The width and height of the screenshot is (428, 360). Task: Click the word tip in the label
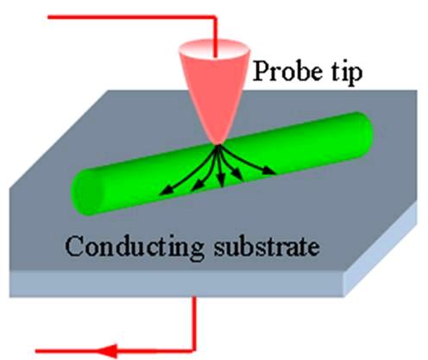[x=346, y=73]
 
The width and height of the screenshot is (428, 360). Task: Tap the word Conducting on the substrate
[x=135, y=247]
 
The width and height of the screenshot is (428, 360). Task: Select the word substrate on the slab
[x=267, y=247]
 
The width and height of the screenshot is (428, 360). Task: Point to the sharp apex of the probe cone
[x=217, y=144]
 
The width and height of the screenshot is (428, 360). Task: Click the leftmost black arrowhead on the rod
[x=166, y=191]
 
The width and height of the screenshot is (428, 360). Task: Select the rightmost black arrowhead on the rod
[x=270, y=171]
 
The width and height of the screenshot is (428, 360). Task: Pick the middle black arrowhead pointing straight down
[x=221, y=182]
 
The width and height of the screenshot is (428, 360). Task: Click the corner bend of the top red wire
[x=215, y=17]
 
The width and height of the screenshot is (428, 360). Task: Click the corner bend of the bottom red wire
[x=194, y=351]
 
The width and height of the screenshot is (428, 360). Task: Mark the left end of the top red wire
[x=49, y=17]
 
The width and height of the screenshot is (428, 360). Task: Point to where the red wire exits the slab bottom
[x=194, y=297]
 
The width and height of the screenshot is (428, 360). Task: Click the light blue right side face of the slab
[x=381, y=249]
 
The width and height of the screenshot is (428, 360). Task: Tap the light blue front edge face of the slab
[x=177, y=283]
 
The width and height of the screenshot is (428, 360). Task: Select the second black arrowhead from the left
[x=197, y=187]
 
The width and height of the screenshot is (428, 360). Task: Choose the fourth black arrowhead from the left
[x=237, y=175]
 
